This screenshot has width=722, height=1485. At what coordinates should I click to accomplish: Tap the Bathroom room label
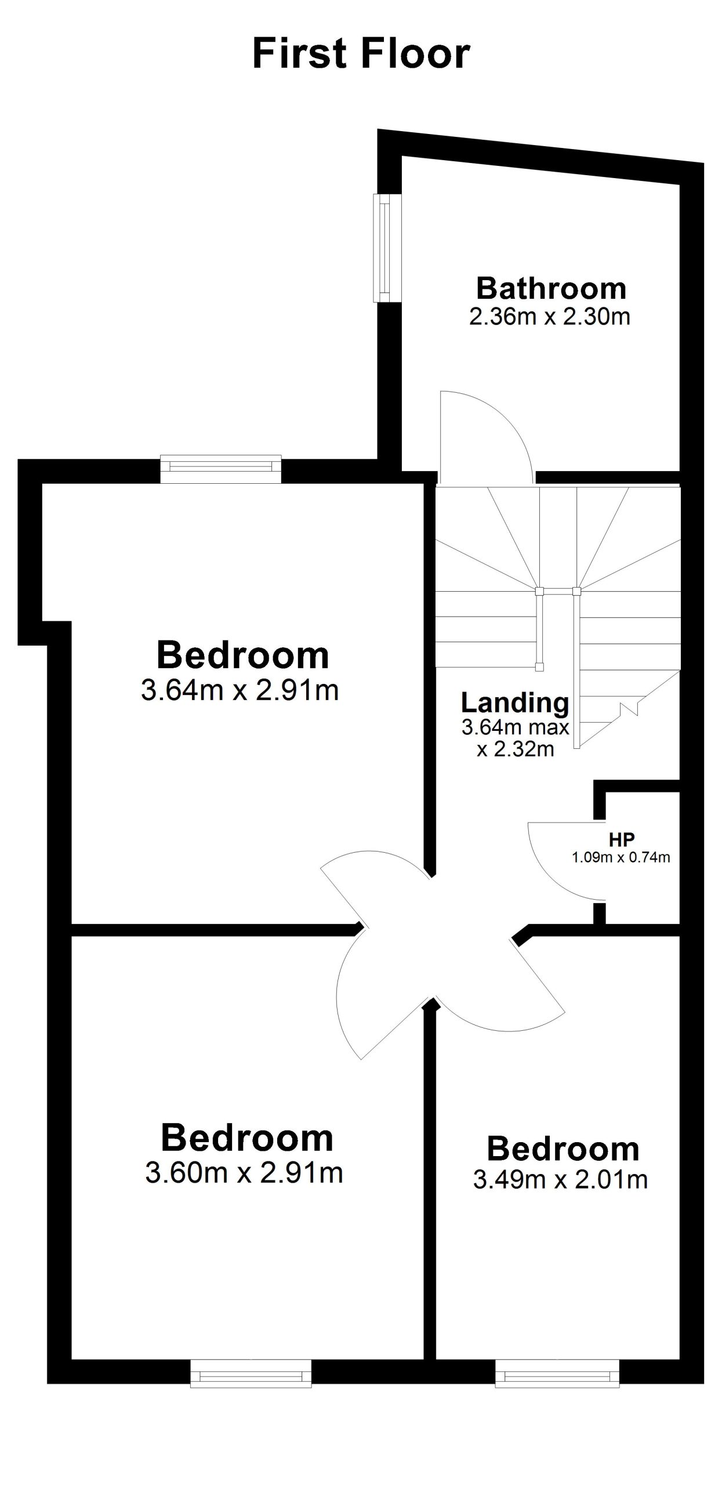point(551,288)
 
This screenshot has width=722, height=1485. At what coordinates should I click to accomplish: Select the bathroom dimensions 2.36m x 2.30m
point(549,317)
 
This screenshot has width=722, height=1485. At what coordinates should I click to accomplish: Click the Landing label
point(515,703)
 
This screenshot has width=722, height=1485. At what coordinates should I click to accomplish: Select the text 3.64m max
point(515,727)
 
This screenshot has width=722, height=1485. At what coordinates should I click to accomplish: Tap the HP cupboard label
point(622,839)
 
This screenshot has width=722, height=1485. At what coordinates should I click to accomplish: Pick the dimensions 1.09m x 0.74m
point(621,857)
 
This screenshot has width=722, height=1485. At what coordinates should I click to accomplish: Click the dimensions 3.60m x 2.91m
point(244,1172)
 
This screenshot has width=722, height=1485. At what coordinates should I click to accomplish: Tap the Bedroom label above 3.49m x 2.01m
point(563,1149)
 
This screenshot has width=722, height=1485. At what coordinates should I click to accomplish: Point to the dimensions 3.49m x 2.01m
point(560,1179)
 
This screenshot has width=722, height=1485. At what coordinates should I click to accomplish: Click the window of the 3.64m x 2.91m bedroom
point(221,469)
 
